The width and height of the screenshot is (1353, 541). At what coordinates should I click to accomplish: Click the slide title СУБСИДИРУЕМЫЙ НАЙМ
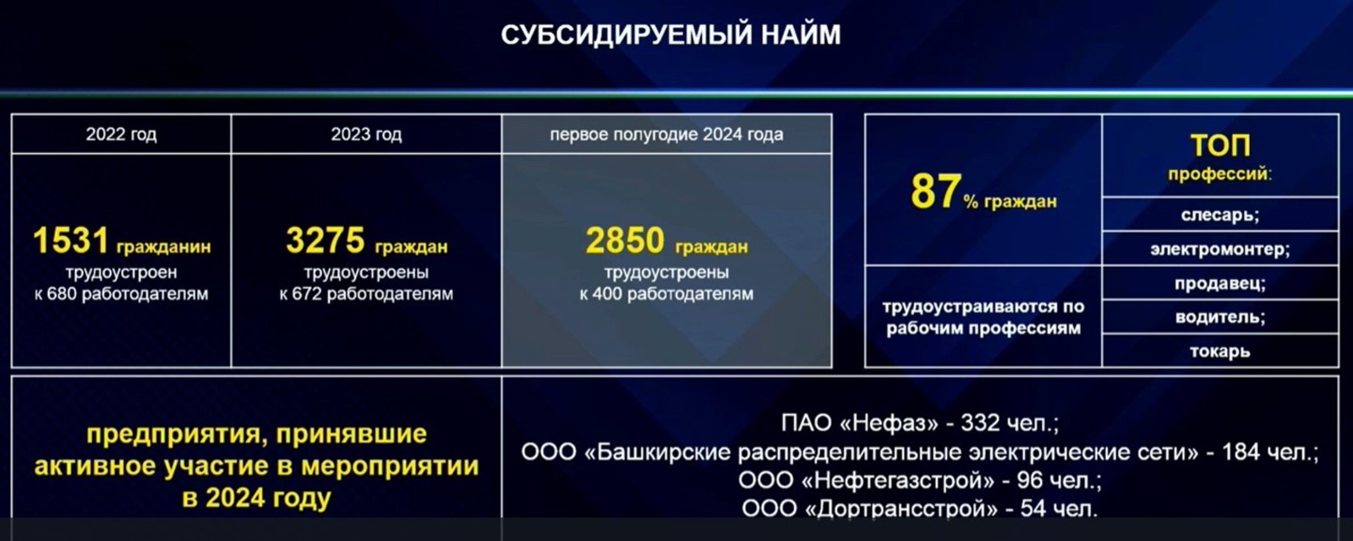(671, 35)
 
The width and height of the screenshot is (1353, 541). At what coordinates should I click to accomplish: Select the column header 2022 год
(121, 134)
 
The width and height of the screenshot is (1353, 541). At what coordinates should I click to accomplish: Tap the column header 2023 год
(366, 134)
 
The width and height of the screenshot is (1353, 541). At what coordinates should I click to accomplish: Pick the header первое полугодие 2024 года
(666, 134)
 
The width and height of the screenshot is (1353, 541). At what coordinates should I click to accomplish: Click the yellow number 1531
(71, 240)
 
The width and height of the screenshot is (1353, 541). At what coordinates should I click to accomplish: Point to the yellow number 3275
(326, 240)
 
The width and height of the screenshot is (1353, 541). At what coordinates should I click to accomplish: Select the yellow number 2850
(625, 240)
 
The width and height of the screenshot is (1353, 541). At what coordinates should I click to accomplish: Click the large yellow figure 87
(935, 191)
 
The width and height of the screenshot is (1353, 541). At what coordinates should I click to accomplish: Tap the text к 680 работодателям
(122, 294)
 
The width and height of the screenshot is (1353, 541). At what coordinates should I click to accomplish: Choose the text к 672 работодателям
(366, 294)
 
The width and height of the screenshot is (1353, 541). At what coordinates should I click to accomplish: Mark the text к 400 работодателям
(666, 294)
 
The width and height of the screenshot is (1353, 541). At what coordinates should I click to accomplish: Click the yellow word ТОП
(1220, 145)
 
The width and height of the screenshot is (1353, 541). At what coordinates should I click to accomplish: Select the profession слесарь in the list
(1220, 215)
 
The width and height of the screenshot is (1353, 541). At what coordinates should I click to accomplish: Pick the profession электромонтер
(1220, 249)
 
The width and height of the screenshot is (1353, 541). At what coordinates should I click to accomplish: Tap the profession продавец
(1220, 283)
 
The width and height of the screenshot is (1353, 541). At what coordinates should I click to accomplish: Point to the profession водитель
(1220, 317)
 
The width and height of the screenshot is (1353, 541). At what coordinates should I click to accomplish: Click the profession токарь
(1220, 352)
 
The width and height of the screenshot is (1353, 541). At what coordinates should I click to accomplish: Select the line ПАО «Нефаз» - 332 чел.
(920, 423)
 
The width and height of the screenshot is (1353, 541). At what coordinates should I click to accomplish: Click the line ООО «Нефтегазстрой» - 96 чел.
(920, 481)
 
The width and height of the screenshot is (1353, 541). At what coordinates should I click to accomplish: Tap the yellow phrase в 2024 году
(257, 499)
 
